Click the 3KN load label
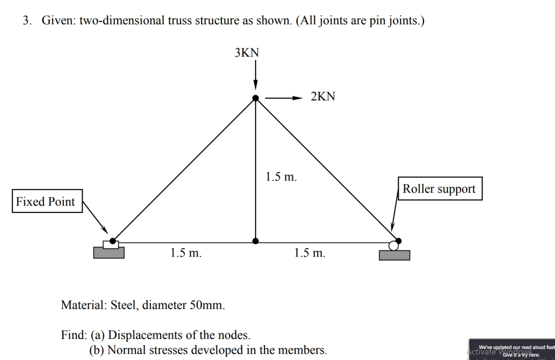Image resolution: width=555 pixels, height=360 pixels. [x=247, y=53]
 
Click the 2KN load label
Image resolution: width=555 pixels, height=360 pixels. [x=323, y=96]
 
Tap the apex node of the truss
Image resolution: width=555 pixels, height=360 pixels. [x=255, y=98]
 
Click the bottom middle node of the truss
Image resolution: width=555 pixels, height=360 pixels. [x=255, y=241]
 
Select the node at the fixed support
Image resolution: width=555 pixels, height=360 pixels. [x=112, y=240]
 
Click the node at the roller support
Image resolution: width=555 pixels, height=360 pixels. [x=398, y=240]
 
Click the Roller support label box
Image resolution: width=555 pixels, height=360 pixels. [x=439, y=188]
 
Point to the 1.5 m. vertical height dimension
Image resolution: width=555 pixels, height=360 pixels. [x=281, y=176]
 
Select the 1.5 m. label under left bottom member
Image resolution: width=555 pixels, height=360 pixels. [x=186, y=253]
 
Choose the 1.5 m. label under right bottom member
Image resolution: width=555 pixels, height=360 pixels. [x=310, y=253]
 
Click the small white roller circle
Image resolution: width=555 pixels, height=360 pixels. [x=393, y=245]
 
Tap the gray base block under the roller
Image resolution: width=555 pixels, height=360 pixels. [x=394, y=255]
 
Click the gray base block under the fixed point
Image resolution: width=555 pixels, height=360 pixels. [x=109, y=252]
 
